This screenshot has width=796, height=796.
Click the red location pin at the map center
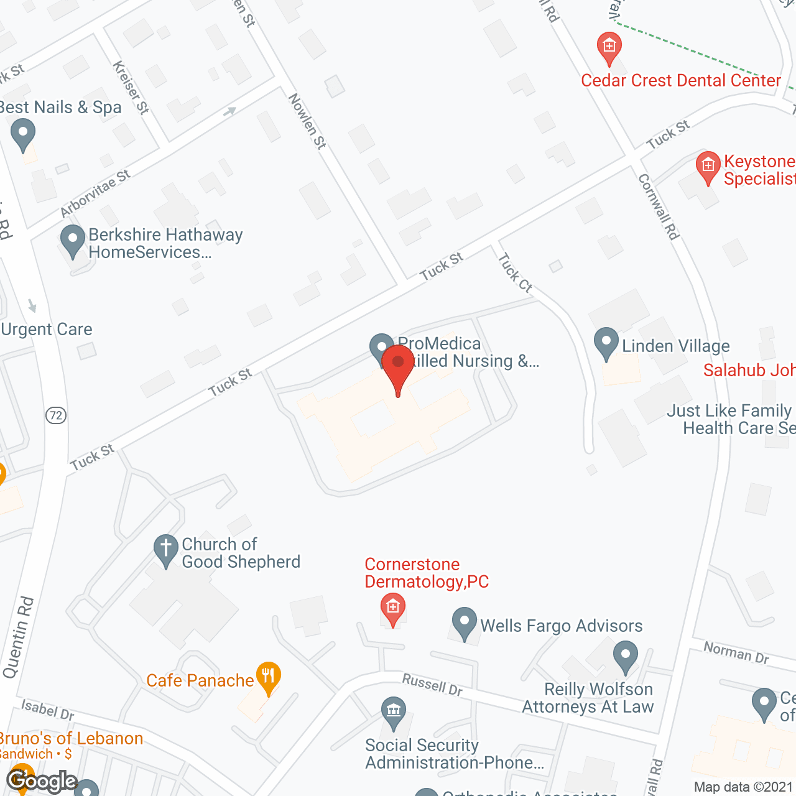[x=398, y=364]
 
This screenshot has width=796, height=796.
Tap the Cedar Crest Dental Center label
[x=680, y=81]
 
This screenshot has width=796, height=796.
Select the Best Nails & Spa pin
[x=23, y=134]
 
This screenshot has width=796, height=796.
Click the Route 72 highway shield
[x=56, y=415]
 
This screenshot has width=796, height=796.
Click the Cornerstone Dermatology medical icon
[x=392, y=606]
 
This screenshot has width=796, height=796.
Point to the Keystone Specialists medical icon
[x=708, y=166]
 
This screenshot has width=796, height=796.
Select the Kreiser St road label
[x=131, y=88]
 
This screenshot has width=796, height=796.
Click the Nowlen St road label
[x=307, y=121]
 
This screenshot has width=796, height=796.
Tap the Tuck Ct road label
[x=516, y=272]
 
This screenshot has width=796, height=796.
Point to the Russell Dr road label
[x=432, y=684]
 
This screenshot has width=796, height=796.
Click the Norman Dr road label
[x=736, y=652]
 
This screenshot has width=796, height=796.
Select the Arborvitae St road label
[x=95, y=193]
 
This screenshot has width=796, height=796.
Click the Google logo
[x=42, y=780]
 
